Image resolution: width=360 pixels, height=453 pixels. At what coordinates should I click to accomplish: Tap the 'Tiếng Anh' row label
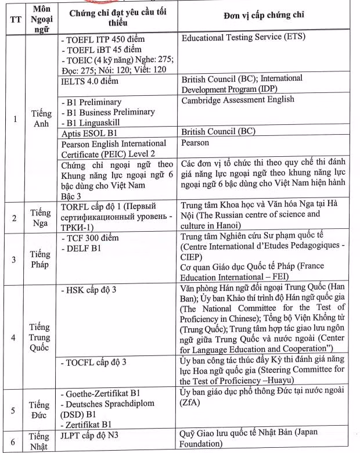(x=41, y=118)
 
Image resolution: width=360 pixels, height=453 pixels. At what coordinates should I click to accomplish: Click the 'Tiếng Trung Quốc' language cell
(x=39, y=337)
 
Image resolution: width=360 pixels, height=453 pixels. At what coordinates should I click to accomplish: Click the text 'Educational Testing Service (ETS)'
(x=244, y=39)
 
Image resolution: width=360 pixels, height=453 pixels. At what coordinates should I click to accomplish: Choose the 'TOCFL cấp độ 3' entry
(x=93, y=363)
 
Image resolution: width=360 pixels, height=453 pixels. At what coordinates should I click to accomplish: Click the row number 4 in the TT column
(x=14, y=337)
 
